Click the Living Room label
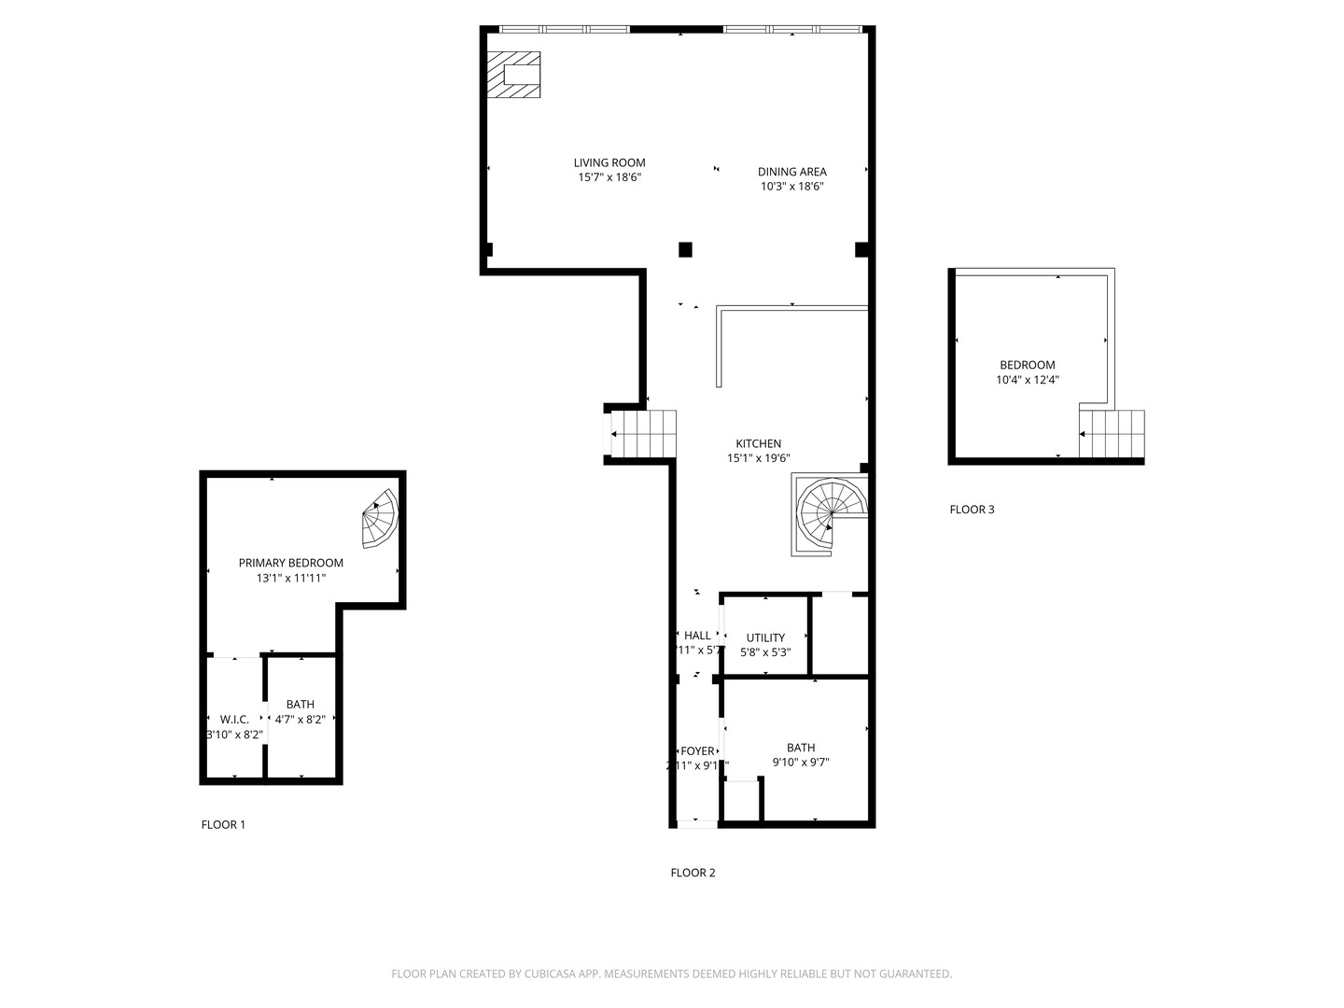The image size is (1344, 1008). point(609,162)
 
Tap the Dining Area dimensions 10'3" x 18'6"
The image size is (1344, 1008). point(791,187)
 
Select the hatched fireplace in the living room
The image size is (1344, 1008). point(513,75)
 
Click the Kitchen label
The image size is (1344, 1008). point(758,443)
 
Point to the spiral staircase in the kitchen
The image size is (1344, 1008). point(830,514)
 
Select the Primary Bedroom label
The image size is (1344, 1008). point(290,563)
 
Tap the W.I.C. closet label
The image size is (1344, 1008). point(234,719)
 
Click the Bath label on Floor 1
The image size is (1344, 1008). point(301,704)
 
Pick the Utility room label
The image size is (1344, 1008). point(765,637)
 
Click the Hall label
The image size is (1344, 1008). point(696,636)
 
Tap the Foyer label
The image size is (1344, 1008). point(697,751)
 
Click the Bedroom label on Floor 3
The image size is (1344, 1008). point(1027,365)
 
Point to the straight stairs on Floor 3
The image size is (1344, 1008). point(1112,435)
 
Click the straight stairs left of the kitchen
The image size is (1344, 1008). point(643,434)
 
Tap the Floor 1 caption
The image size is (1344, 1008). point(223,824)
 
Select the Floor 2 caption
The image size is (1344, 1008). point(693,873)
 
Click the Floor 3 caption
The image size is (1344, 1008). point(972,509)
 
